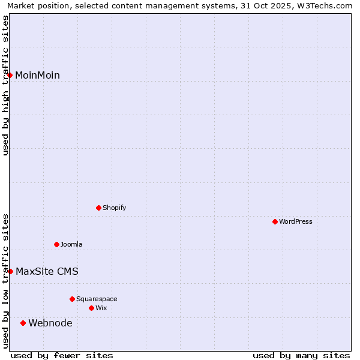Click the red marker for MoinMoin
[10, 75]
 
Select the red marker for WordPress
[275, 221]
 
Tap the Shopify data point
[98, 208]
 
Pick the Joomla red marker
[56, 244]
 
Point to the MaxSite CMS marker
[10, 271]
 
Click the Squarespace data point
[72, 299]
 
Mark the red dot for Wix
[91, 308]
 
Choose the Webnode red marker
[23, 323]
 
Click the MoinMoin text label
[37, 75]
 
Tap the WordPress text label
[296, 221]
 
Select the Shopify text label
[114, 208]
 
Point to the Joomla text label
[71, 244]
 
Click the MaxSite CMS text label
[47, 271]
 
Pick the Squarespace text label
[97, 299]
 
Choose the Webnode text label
[50, 323]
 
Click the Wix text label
[101, 308]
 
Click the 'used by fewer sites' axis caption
[62, 355]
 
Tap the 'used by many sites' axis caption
[301, 355]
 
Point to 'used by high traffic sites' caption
[5, 86]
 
